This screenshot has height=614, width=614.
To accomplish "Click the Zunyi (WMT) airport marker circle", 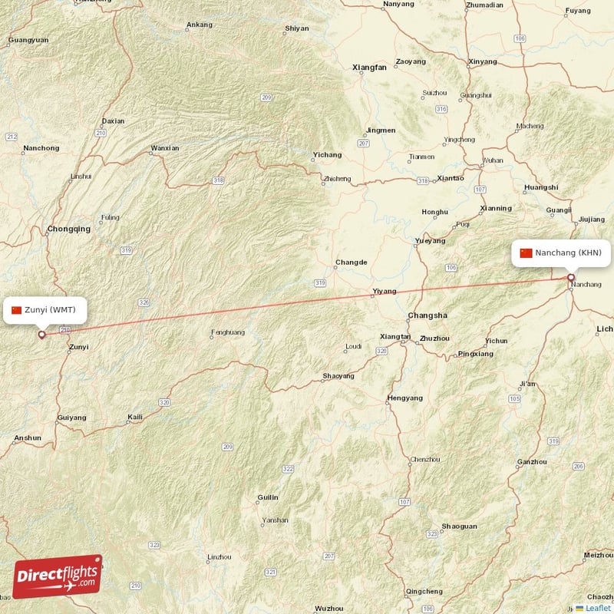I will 41,334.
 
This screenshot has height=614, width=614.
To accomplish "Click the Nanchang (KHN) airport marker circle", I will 571,278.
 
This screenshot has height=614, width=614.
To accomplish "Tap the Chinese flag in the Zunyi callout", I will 16,310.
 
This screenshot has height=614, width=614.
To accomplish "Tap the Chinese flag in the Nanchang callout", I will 526,253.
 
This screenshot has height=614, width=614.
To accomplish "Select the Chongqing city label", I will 68,229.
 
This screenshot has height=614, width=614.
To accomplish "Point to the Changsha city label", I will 427,315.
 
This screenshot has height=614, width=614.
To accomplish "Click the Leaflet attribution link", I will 597,608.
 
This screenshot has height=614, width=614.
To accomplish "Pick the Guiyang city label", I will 71,418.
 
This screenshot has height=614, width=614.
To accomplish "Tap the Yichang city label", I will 328,154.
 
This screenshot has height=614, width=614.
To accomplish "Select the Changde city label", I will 351,262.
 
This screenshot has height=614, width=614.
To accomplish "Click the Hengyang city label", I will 405,398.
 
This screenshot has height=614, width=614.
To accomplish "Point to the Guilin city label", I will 268,497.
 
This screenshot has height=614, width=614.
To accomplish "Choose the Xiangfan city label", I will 369,68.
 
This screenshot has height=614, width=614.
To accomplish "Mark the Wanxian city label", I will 165,148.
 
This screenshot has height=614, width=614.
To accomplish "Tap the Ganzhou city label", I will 533,462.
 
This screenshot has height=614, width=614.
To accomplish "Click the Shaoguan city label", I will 459,527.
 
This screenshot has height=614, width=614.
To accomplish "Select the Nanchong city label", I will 41,148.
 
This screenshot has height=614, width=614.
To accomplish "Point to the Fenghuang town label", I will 228,332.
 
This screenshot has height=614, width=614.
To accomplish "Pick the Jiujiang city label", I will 591,219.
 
